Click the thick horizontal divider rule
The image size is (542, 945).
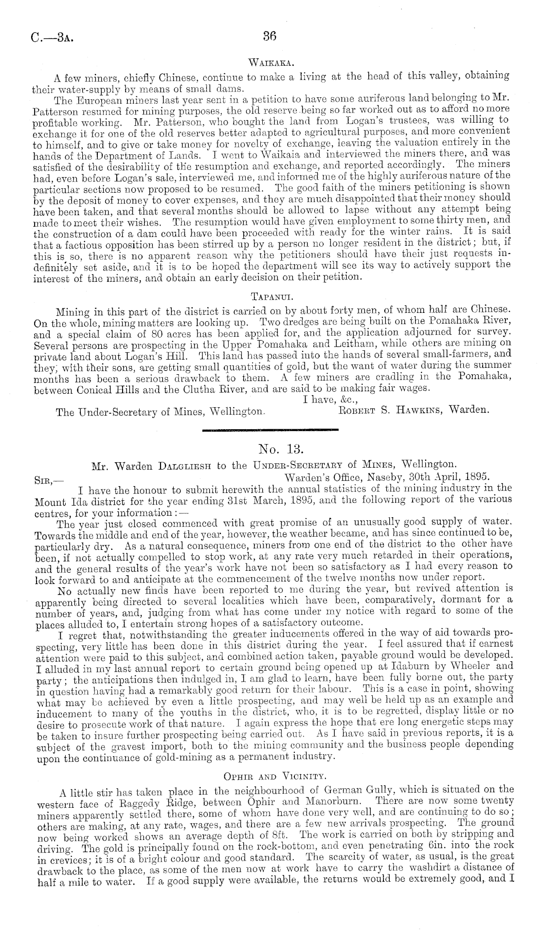[x=270, y=430]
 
